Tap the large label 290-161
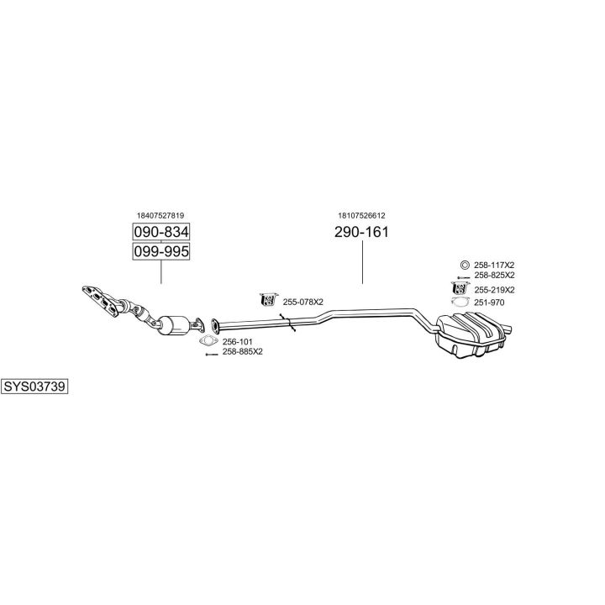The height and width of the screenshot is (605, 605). tap(362, 233)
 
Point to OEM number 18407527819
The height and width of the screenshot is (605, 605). tap(160, 215)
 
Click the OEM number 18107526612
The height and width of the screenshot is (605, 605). tap(361, 215)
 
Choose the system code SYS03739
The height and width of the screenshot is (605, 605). tap(34, 387)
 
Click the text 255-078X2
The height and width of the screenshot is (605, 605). tap(302, 302)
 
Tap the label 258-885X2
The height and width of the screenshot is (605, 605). tap(243, 352)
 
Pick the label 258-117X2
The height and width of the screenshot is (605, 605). tap(494, 265)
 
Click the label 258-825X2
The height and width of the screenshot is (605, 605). tap(494, 276)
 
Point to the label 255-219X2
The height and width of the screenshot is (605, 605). tap(494, 290)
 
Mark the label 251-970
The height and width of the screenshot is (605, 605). tap(488, 302)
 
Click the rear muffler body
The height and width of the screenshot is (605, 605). tap(471, 334)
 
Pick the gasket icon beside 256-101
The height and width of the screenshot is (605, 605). tap(208, 341)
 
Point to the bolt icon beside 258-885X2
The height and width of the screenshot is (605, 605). tap(211, 353)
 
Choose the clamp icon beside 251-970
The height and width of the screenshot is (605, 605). tap(460, 302)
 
